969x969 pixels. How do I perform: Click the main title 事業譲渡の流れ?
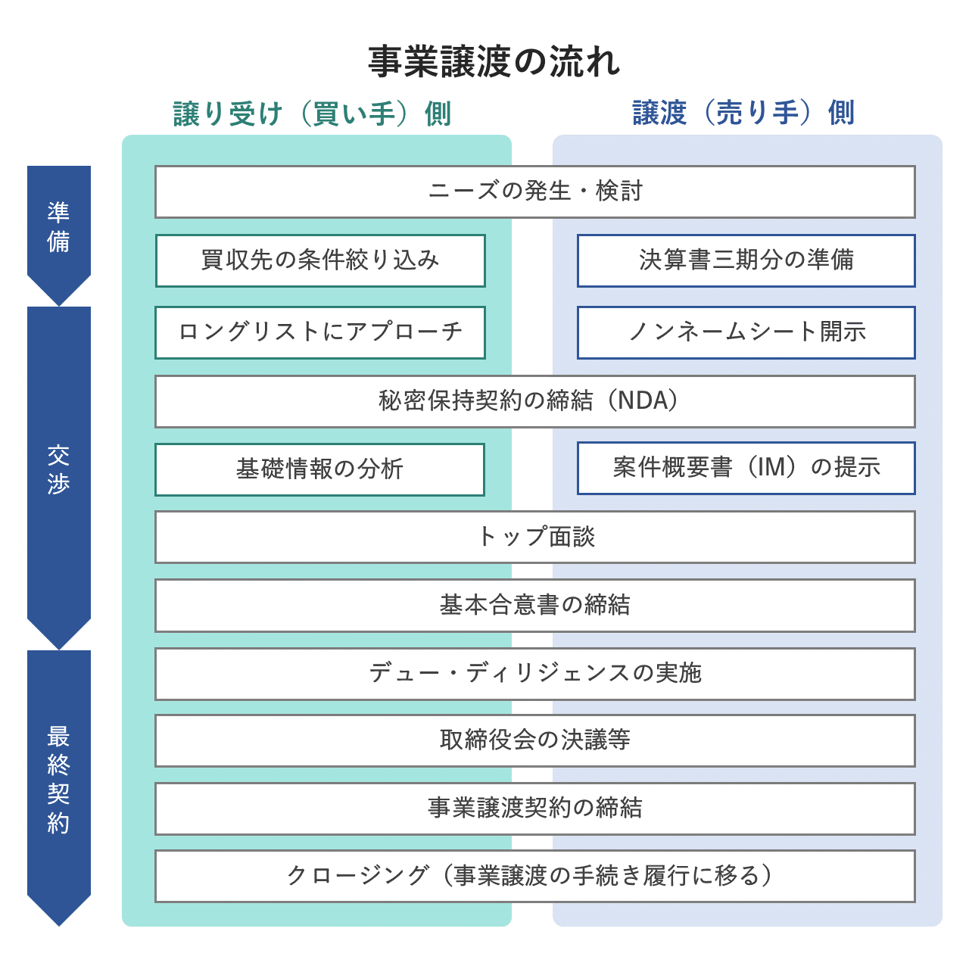(494, 62)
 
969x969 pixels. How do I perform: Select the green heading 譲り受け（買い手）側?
(312, 114)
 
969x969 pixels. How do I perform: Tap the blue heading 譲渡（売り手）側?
(743, 114)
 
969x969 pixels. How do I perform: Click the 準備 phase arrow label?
(58, 226)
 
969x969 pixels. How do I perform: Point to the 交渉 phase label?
(58, 469)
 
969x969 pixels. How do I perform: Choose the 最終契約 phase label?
(58, 779)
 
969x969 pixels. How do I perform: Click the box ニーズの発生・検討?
(534, 192)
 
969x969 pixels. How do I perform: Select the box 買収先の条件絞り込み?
(319, 260)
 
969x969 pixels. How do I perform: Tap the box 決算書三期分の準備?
(746, 260)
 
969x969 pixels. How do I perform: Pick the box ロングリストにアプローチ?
(319, 332)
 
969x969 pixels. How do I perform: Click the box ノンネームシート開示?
(746, 332)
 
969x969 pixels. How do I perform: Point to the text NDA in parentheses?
(643, 400)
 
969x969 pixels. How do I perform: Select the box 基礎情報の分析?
(319, 469)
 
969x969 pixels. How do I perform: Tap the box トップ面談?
(534, 537)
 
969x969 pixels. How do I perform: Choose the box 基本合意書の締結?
(534, 605)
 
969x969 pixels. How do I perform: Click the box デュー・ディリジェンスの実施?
(534, 673)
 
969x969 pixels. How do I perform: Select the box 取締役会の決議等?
(534, 740)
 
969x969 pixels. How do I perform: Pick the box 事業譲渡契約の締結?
(534, 809)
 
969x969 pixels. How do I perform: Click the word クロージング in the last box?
(357, 876)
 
